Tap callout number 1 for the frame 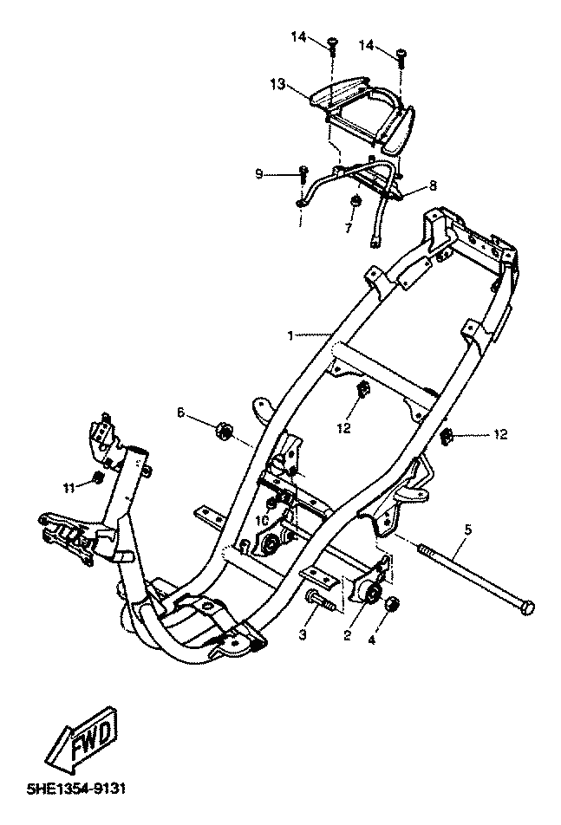click(292, 334)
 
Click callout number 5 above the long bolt click(467, 529)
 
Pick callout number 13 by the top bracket click(277, 84)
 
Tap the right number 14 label click(368, 44)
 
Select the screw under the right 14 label click(401, 57)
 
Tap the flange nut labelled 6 click(224, 429)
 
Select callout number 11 click(70, 489)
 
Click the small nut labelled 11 click(98, 480)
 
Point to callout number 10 click(262, 520)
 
